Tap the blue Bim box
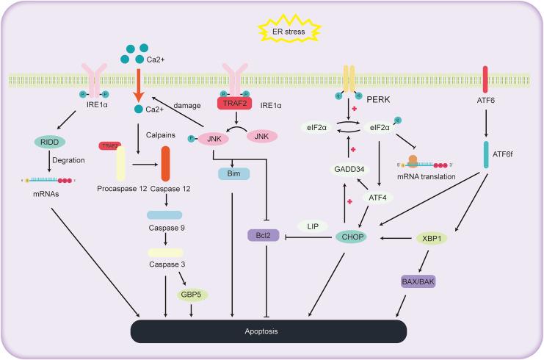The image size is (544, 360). click(x=233, y=174)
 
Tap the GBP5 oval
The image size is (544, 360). click(x=192, y=294)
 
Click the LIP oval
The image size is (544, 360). click(x=308, y=226)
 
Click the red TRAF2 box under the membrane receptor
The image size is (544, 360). click(x=236, y=105)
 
